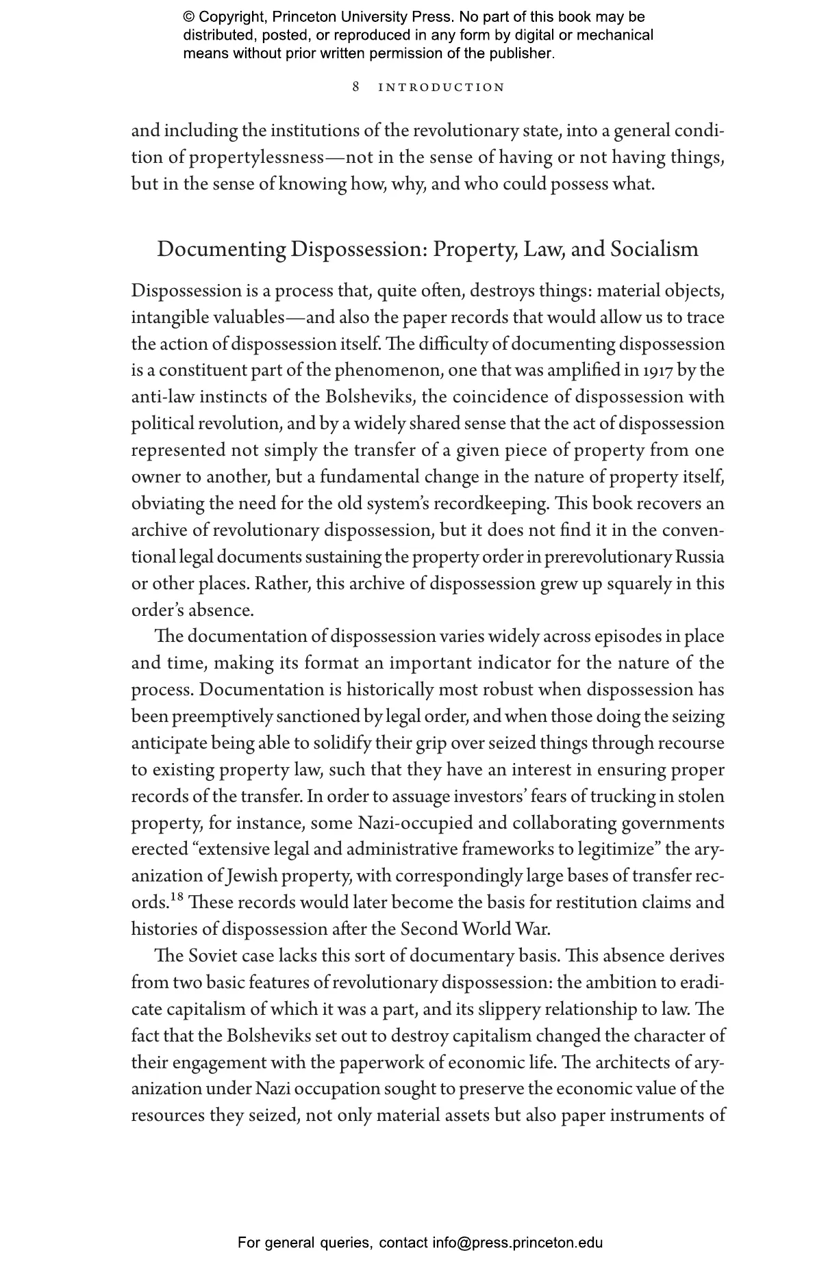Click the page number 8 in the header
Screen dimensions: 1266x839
coord(356,87)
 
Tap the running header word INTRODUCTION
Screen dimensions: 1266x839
coord(442,88)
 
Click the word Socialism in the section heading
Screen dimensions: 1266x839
coord(654,249)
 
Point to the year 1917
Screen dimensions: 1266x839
coord(658,370)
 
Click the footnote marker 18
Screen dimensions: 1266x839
coord(177,897)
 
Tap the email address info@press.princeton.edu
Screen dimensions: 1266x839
coord(517,1243)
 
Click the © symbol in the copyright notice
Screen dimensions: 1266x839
coord(189,17)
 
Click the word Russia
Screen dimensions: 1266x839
coord(699,557)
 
